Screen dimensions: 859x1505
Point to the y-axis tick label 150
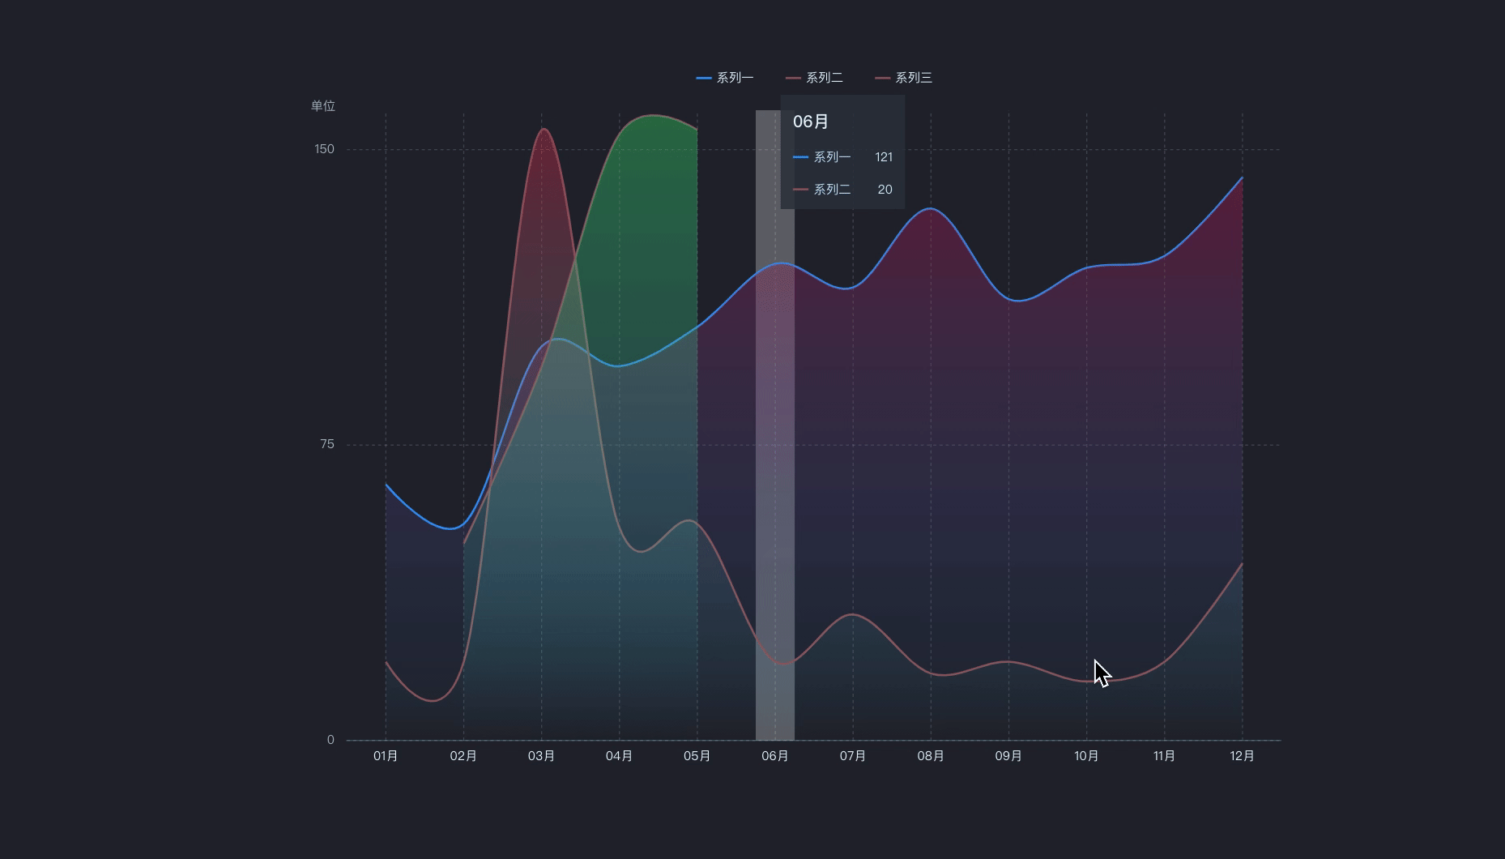[x=324, y=149]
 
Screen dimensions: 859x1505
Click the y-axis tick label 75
[x=327, y=444]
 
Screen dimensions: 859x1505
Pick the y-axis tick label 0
[x=330, y=740]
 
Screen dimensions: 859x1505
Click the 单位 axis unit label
[x=322, y=106]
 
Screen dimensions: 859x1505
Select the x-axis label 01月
[x=386, y=756]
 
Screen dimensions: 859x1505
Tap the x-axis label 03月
[x=541, y=756]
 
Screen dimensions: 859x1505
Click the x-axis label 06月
[x=775, y=756]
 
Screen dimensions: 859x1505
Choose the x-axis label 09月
[x=1008, y=756]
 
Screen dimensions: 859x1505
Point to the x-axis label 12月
[x=1242, y=756]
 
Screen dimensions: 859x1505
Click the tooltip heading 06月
[x=811, y=122]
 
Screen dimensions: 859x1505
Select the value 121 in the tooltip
[x=884, y=157]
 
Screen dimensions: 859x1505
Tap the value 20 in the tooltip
[x=885, y=190]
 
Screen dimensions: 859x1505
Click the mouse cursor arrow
[x=1102, y=673]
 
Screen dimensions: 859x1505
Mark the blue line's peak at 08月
[x=931, y=209]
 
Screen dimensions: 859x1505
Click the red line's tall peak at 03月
[x=543, y=129]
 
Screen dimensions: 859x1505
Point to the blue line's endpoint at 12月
[x=1242, y=178]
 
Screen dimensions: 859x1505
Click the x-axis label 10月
[x=1086, y=756]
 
